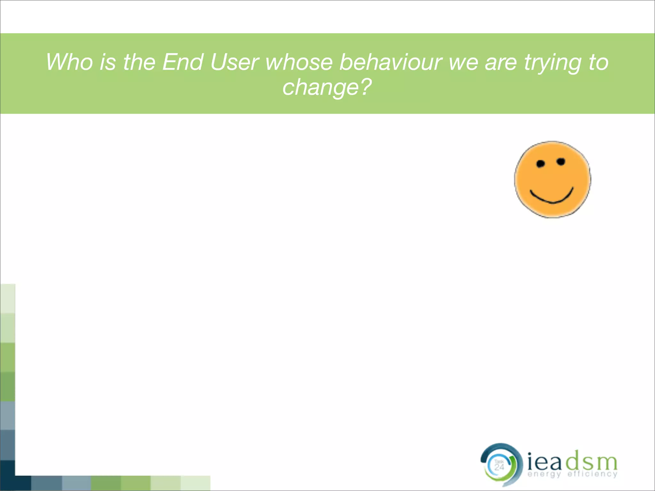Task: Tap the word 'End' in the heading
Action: click(183, 62)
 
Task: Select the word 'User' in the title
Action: click(234, 62)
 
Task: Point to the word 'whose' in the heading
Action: click(299, 62)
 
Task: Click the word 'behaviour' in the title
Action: click(391, 62)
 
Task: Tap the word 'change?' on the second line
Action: click(327, 87)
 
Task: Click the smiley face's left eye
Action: click(541, 164)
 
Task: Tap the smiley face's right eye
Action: click(561, 162)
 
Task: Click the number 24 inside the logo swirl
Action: click(499, 467)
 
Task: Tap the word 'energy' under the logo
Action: click(544, 474)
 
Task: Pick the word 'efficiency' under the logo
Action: click(592, 474)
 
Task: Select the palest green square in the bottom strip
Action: click(195, 483)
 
